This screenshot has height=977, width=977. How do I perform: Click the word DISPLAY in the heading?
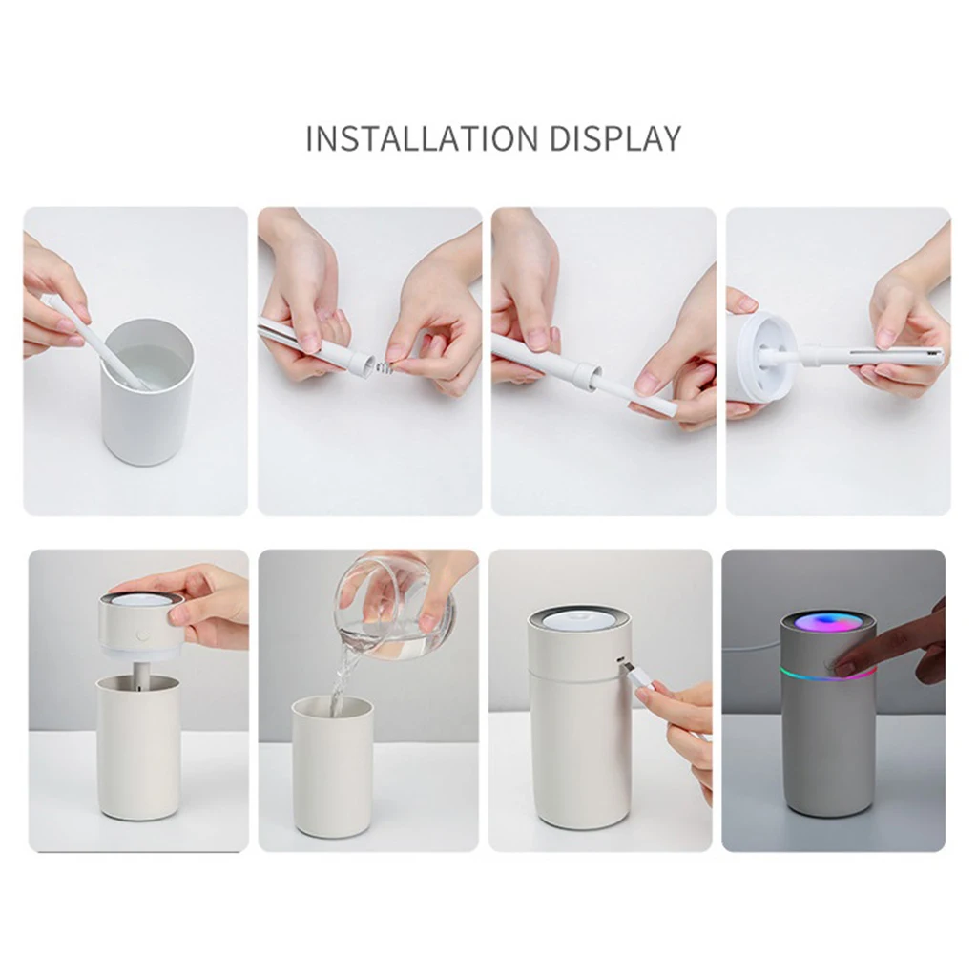[615, 138]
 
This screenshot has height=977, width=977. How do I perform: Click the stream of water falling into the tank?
[339, 682]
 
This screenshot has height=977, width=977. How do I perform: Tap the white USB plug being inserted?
[640, 680]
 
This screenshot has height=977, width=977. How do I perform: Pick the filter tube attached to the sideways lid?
[868, 357]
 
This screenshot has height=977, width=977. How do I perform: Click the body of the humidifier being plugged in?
[579, 744]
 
